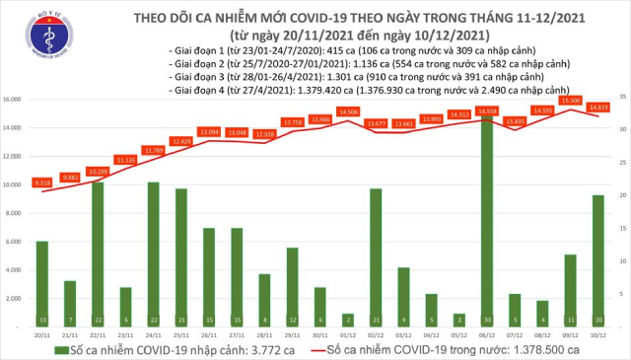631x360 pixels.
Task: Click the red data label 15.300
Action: click(570, 100)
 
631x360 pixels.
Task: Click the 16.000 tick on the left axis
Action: click(14, 100)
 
